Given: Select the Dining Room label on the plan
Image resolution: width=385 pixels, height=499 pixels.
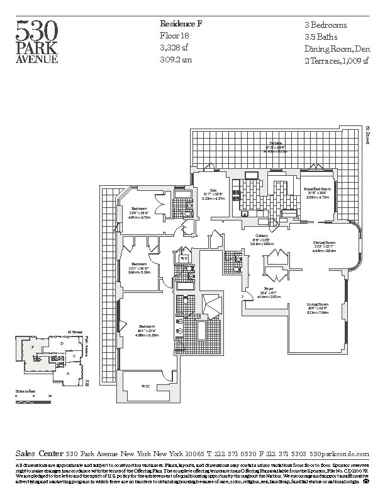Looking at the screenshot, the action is point(325,242).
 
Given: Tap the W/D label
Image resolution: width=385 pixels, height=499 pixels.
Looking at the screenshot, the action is point(184,258).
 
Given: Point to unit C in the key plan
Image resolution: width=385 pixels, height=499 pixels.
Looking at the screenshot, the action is point(75,356).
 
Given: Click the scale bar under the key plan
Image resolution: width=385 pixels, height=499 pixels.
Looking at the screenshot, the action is point(33,396).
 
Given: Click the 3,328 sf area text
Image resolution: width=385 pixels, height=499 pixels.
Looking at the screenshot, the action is point(174,49).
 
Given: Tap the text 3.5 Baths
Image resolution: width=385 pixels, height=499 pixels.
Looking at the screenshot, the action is point(319,37).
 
